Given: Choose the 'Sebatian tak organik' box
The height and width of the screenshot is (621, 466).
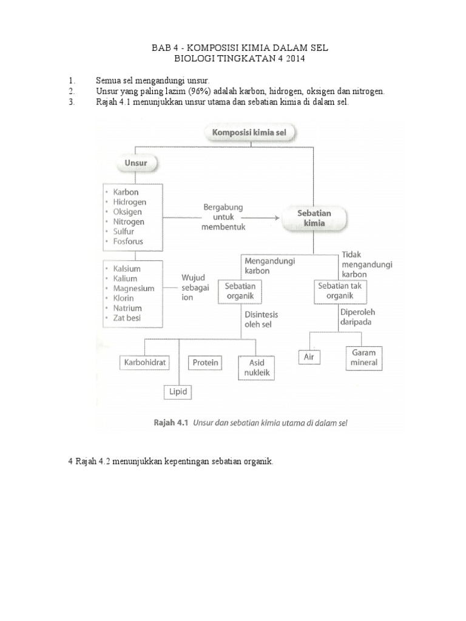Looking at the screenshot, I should [342, 291].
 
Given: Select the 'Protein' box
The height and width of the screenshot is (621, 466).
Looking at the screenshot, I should [206, 363].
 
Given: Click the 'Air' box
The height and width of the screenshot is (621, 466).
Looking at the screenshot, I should [309, 357].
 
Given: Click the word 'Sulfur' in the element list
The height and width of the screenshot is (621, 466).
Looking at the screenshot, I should [124, 231].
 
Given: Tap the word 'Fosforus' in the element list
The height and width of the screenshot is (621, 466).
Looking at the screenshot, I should [128, 241].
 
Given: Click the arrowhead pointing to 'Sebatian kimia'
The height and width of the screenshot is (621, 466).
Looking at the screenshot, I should [276, 217].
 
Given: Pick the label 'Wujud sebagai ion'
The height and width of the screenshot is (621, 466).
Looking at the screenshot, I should [195, 288].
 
